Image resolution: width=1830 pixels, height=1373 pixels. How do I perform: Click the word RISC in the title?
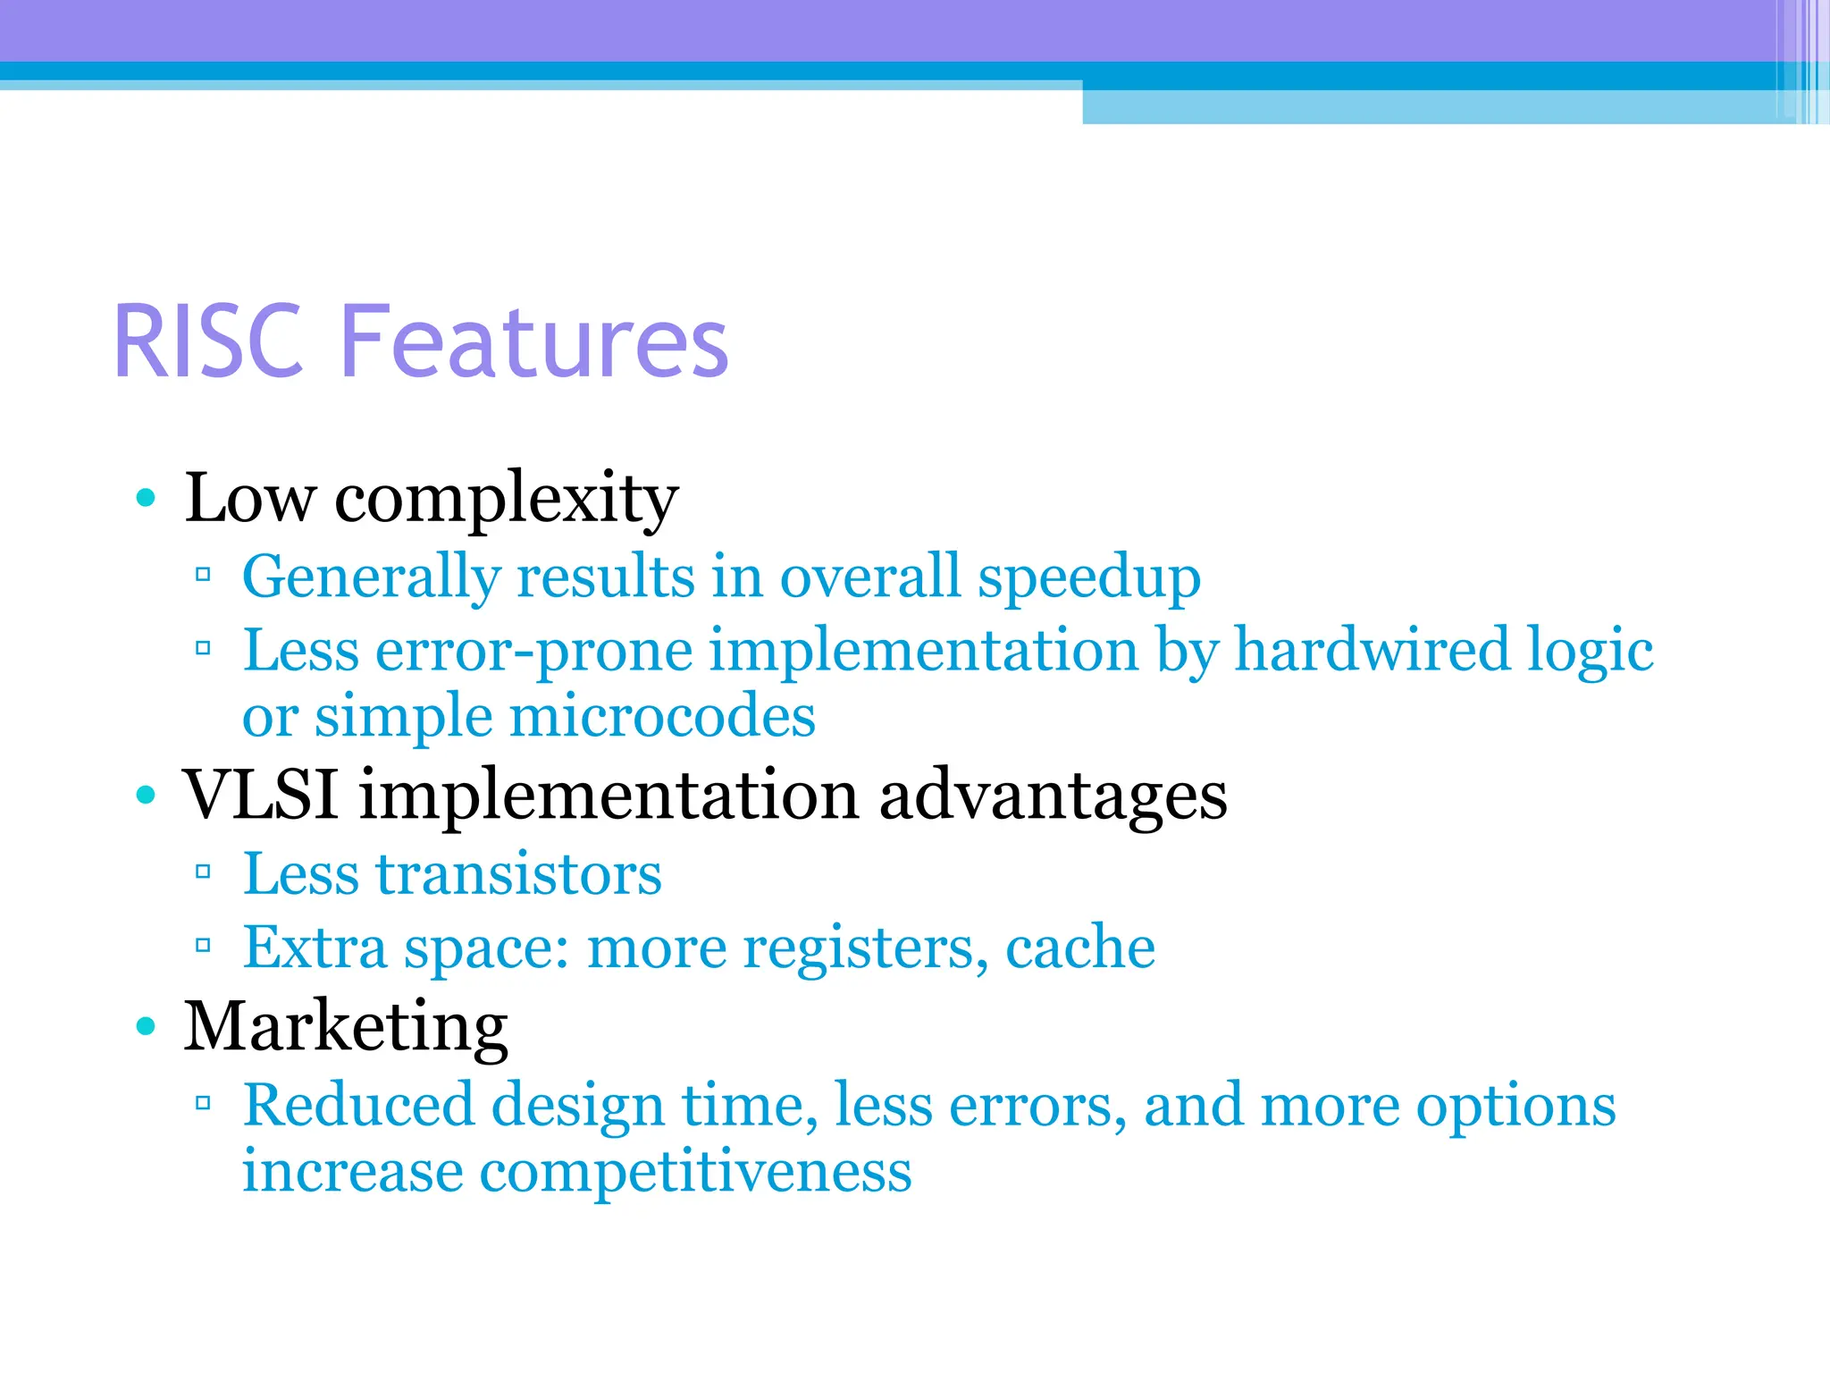coord(208,341)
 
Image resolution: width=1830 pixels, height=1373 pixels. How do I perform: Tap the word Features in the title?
coord(534,341)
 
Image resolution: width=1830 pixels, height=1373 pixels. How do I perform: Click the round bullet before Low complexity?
coord(146,498)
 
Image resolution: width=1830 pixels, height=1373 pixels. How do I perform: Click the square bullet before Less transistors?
coord(203,872)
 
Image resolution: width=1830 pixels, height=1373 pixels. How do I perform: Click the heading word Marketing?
coord(346,1028)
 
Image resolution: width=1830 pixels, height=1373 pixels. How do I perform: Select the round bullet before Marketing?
coord(146,1026)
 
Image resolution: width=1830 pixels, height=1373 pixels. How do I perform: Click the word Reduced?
coord(358,1105)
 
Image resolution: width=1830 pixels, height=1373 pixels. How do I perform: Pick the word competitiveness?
coord(695,1172)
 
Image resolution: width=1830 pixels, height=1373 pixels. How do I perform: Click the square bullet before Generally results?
coord(203,575)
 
